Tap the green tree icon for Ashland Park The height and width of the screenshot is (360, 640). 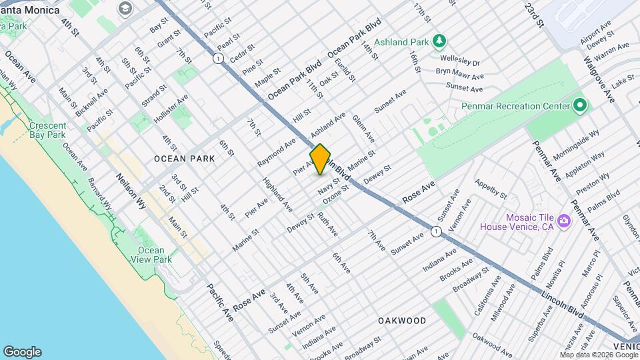pos(439,41)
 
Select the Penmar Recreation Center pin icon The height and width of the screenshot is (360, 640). pos(580,106)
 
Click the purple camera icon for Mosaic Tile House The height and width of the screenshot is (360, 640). pos(564,221)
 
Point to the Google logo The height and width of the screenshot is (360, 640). pos(22,352)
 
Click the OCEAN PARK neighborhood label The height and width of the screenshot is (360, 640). pos(184,159)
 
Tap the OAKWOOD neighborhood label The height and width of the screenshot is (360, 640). pos(402,321)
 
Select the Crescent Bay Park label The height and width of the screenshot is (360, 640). pos(47,130)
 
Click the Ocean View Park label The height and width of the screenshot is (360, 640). pos(154,255)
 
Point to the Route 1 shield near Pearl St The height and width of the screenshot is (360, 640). pos(217,59)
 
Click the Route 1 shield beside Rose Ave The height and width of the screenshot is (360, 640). pos(435,231)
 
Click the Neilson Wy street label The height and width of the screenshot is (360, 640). pos(131,192)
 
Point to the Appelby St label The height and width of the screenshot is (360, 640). pos(490,189)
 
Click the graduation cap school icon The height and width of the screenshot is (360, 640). pos(124,9)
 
